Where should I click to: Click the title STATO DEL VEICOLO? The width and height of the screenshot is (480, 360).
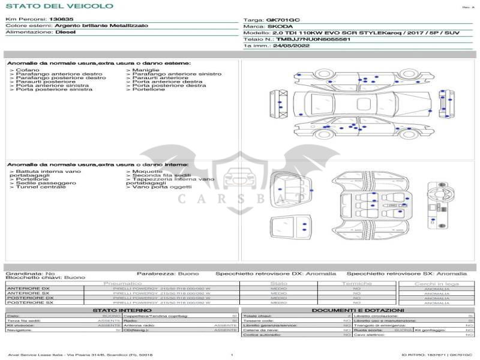(59, 6)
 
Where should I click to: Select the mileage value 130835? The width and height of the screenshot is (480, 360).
(62, 19)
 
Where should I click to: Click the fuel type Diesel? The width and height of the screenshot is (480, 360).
(65, 32)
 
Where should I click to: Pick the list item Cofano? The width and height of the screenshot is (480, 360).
(28, 70)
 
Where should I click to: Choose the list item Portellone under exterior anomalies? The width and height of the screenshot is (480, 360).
(148, 89)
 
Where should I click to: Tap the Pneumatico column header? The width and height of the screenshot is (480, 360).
(123, 283)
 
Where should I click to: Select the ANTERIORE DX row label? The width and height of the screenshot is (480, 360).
(28, 289)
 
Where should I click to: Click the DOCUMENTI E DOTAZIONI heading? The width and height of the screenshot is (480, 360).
(357, 310)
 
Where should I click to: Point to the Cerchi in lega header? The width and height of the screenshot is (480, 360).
(436, 283)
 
